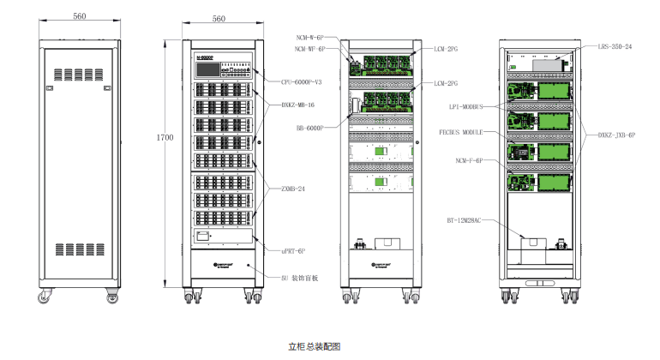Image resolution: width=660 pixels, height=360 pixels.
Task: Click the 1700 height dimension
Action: (x=165, y=136)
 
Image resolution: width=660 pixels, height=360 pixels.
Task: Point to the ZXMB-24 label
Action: (x=294, y=186)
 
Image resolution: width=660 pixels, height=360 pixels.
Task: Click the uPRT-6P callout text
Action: (x=294, y=250)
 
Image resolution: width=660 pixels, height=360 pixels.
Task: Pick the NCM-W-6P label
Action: (x=309, y=39)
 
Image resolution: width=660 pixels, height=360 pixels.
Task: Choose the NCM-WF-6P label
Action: (x=309, y=50)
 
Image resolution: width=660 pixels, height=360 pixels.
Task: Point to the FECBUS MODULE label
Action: (x=461, y=133)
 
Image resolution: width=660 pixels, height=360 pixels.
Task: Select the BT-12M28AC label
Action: (x=463, y=219)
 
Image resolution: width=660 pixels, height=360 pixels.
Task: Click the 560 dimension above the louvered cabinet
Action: (x=80, y=16)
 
